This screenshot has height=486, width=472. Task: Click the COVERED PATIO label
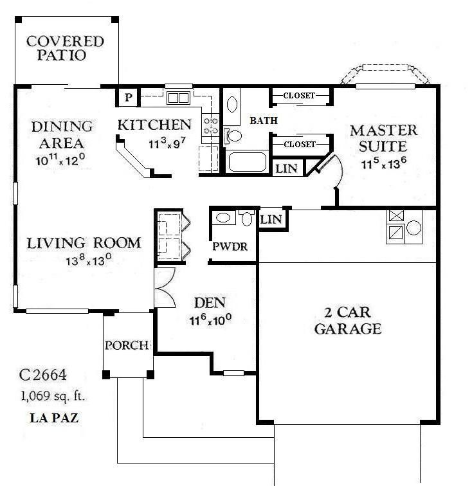pyautogui.click(x=65, y=48)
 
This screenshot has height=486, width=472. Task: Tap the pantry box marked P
pyautogui.click(x=128, y=98)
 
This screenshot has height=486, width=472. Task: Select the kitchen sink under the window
pyautogui.click(x=178, y=98)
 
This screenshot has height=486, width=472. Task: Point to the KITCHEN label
pyautogui.click(x=154, y=124)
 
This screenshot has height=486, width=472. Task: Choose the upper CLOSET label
pyautogui.click(x=299, y=96)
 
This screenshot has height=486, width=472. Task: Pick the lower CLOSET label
pyautogui.click(x=299, y=145)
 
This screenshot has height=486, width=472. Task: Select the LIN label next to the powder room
pyautogui.click(x=271, y=219)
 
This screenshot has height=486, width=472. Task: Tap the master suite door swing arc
pyautogui.click(x=336, y=172)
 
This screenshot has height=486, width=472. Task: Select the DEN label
pyautogui.click(x=209, y=302)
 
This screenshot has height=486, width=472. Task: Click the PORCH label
pyautogui.click(x=127, y=345)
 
